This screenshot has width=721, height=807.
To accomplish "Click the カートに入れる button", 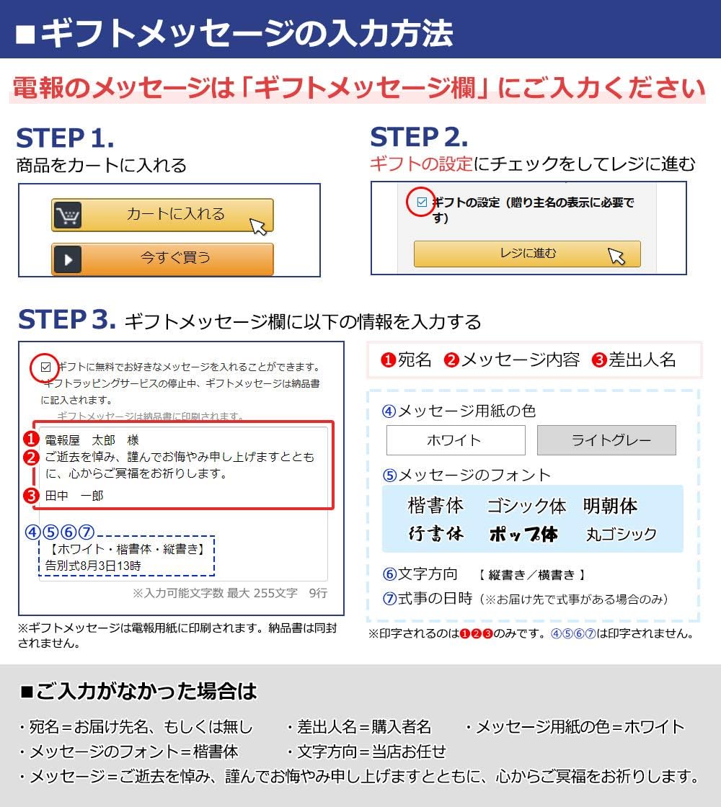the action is click(x=162, y=215).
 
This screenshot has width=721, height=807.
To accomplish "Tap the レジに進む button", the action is click(x=527, y=254).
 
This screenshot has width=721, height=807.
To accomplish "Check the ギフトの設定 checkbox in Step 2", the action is click(x=422, y=202).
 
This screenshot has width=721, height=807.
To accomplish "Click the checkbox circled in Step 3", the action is click(x=46, y=367).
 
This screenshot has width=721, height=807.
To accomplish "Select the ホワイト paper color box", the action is click(x=456, y=440).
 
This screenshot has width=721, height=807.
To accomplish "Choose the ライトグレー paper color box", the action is click(x=606, y=440).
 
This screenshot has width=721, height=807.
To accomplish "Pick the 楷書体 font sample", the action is click(x=435, y=505).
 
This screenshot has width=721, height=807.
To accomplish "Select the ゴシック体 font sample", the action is click(x=526, y=506).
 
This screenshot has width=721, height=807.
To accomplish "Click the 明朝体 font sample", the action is click(x=610, y=505).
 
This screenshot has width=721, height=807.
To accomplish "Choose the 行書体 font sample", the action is click(x=435, y=533).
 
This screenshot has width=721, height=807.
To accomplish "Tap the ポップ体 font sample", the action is click(x=523, y=534).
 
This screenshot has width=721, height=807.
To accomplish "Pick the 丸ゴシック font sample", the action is click(x=621, y=534).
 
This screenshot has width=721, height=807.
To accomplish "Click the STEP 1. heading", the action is click(x=65, y=138).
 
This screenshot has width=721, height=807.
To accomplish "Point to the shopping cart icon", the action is click(x=68, y=215).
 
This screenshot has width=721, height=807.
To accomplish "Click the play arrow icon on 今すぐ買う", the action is click(x=68, y=259).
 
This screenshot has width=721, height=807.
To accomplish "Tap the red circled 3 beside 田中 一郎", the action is click(x=32, y=496).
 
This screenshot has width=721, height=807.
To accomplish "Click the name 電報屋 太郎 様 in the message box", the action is click(x=92, y=440).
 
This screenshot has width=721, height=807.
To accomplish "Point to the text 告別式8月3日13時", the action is click(x=93, y=566).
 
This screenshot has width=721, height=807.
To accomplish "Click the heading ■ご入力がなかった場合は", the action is click(x=138, y=691).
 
